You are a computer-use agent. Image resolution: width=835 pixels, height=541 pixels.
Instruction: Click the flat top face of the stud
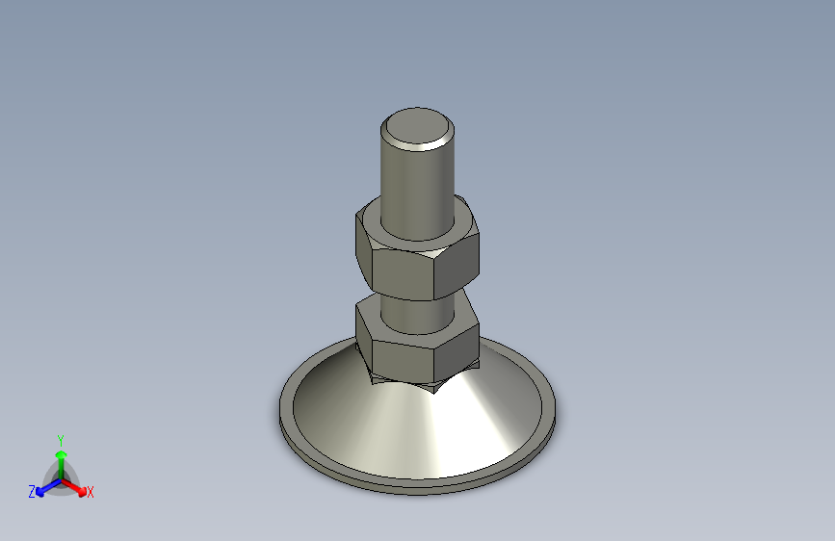(417, 125)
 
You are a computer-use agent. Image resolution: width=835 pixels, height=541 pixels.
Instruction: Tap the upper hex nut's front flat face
(404, 273)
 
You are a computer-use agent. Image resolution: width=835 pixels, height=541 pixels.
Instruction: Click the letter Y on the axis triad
(60, 438)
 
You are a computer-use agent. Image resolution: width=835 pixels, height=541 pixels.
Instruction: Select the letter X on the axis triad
(91, 492)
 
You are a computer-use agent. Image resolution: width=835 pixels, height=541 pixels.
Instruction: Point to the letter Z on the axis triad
(32, 492)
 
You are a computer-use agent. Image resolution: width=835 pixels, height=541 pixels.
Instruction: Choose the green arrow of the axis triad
(60, 456)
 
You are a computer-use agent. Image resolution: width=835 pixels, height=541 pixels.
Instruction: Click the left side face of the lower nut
(364, 334)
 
